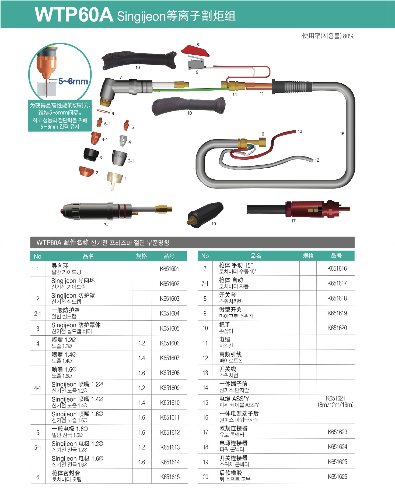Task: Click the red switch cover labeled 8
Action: tap(195, 51)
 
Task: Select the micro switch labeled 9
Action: tap(195, 63)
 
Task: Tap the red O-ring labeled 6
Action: tap(103, 111)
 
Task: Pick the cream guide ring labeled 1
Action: tap(115, 180)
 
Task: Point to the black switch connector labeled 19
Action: tap(205, 215)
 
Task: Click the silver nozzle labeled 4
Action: tap(123, 141)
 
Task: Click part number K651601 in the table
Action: tap(169, 269)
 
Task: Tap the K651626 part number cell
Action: tap(337, 477)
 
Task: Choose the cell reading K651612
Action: tap(170, 432)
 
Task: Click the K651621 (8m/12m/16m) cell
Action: tap(335, 402)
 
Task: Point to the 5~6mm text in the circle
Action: tap(73, 81)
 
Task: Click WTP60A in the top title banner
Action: tap(74, 15)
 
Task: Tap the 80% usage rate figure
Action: tap(349, 36)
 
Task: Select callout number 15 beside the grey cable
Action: tap(342, 134)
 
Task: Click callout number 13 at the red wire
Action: tap(300, 131)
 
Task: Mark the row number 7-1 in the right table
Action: tap(205, 283)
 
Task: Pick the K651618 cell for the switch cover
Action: tap(337, 298)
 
